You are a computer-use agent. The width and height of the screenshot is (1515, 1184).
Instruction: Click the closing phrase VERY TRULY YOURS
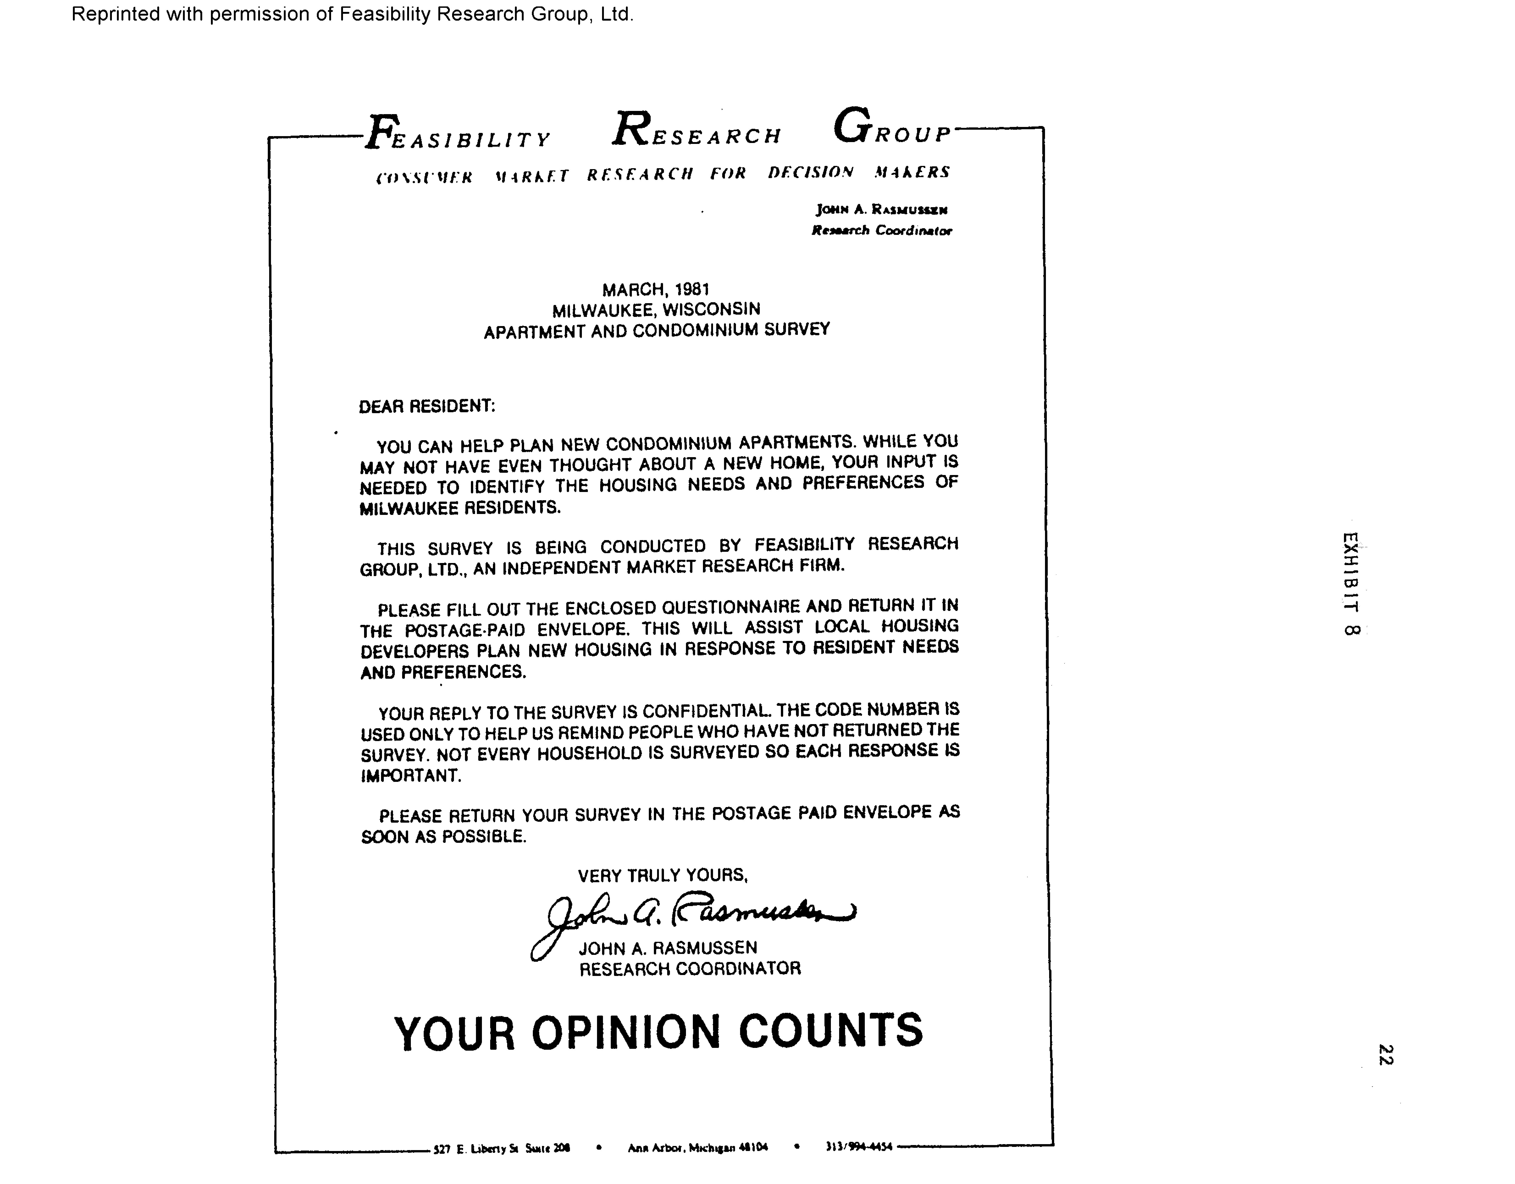coord(662,876)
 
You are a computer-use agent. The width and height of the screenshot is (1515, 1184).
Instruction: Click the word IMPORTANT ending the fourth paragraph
coord(411,776)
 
